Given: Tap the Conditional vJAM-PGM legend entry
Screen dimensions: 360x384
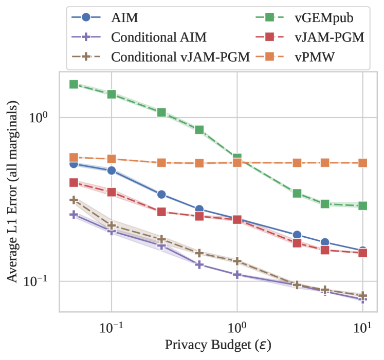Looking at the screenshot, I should [180, 55].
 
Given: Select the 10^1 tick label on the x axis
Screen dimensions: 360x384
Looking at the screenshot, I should [363, 325].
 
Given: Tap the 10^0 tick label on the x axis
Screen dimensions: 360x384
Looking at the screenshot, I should [237, 325].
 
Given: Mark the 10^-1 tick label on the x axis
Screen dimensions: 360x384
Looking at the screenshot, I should [111, 325].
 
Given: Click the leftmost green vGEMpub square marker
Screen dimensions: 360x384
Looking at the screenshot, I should [74, 84].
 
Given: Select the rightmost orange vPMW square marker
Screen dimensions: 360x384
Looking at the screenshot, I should [363, 163].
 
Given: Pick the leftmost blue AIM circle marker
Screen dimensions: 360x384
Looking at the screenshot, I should [74, 164].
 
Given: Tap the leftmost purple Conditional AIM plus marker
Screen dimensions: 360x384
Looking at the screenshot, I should [74, 215].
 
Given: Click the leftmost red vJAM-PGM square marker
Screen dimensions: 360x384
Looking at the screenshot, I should [74, 182].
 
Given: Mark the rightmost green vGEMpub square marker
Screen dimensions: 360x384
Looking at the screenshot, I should [363, 205].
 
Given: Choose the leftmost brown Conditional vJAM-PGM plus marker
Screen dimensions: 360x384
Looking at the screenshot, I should [74, 200].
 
